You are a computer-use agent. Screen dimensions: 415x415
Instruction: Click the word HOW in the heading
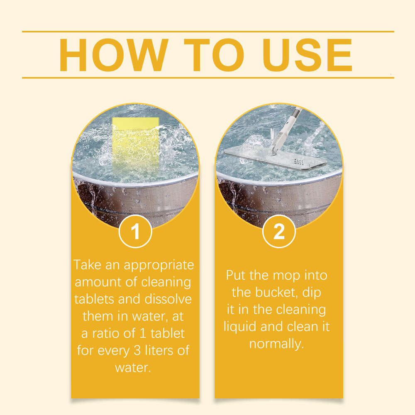coord(112,55)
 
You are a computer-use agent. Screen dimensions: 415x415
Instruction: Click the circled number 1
coord(135,232)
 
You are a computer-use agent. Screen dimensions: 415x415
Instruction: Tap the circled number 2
coord(279,232)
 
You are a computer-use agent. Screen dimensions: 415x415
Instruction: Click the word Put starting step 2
coord(237,275)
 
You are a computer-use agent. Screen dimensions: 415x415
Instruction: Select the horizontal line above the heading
coord(207,31)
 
